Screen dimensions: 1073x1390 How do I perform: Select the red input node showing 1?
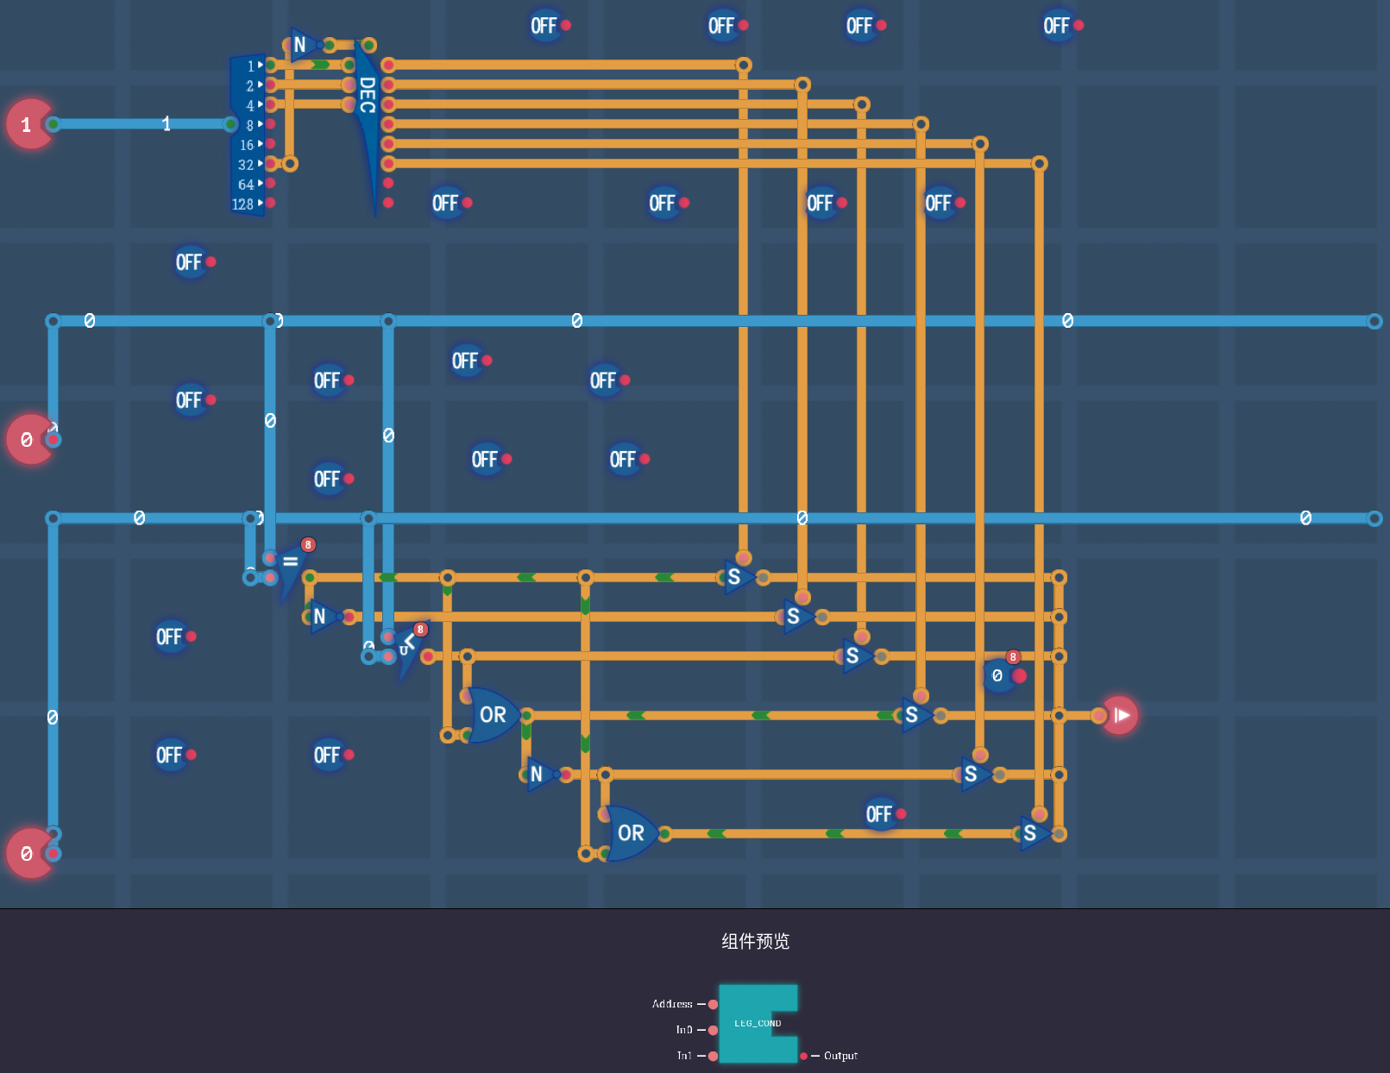(28, 124)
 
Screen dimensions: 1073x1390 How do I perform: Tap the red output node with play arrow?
(1120, 715)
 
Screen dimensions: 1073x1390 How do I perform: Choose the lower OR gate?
(630, 833)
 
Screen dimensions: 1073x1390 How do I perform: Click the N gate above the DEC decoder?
(300, 45)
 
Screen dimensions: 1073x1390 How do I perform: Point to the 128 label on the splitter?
(242, 204)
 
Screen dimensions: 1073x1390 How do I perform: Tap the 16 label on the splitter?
(247, 145)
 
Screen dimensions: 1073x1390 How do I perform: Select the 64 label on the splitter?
(246, 185)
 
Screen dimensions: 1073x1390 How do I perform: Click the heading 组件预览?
(755, 941)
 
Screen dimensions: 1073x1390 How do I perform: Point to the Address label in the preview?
(672, 1004)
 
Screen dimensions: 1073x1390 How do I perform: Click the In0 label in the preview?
(684, 1030)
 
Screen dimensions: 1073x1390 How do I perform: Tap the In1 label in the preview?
(684, 1056)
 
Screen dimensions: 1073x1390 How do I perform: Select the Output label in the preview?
(840, 1056)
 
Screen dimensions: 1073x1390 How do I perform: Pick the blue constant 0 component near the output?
(999, 675)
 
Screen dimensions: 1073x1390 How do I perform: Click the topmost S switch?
(734, 577)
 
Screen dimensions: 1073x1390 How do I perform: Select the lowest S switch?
(1030, 833)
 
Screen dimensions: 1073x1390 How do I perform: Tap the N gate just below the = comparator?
(321, 617)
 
